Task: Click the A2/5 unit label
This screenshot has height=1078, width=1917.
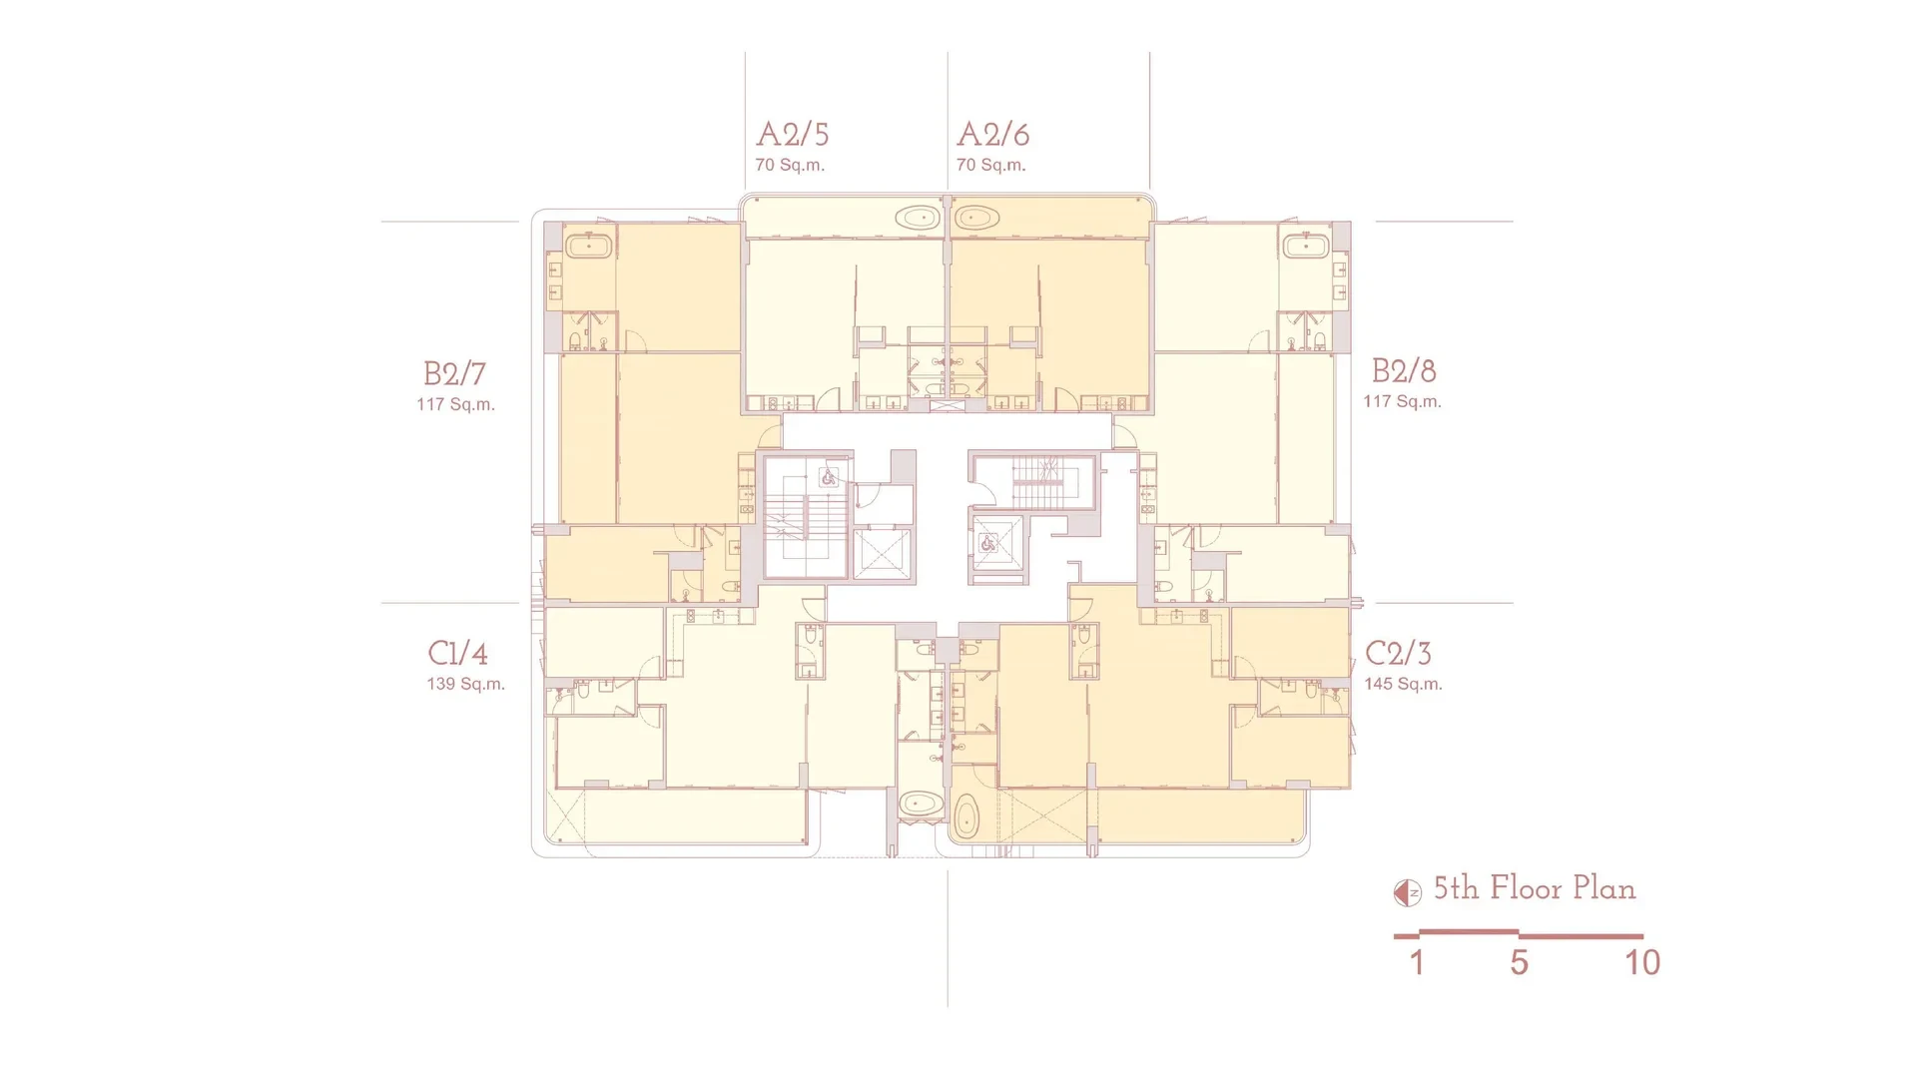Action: (x=793, y=134)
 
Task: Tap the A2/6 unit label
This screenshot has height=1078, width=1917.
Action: (x=992, y=134)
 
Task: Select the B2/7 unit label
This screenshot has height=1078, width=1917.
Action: (x=455, y=373)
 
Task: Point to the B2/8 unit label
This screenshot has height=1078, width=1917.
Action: (x=1404, y=370)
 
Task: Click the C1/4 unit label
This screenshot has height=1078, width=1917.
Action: (x=458, y=653)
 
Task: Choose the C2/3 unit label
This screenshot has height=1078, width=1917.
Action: (x=1398, y=653)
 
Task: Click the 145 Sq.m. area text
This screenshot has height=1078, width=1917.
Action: (x=1403, y=684)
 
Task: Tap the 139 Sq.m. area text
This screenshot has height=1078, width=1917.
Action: (x=465, y=684)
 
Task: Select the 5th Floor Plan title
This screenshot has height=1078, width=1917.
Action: (x=1535, y=888)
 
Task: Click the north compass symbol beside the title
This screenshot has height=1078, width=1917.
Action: (x=1408, y=892)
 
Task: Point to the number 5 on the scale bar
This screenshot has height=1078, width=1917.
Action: (x=1519, y=962)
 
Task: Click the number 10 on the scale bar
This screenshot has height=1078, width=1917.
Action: (x=1642, y=962)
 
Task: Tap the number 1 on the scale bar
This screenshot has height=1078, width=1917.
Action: (x=1417, y=962)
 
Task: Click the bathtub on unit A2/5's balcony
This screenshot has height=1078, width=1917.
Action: (x=917, y=218)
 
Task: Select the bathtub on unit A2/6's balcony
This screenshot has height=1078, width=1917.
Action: (x=976, y=218)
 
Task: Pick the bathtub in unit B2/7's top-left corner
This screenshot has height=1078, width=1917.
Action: (x=589, y=246)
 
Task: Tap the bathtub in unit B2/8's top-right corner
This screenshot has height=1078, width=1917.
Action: (x=1305, y=246)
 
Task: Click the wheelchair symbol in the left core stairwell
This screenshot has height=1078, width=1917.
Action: (x=829, y=478)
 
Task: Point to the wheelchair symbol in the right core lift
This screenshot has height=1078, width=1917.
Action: (x=988, y=544)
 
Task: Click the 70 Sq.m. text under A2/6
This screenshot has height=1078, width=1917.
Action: (x=990, y=165)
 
